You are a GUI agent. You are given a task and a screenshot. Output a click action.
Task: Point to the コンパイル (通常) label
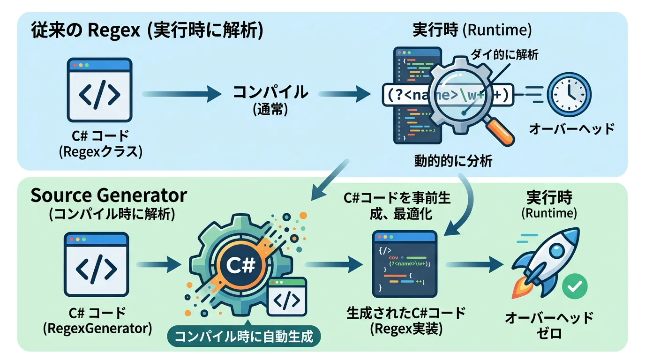click(270, 99)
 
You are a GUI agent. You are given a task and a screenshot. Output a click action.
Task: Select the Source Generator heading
click(109, 195)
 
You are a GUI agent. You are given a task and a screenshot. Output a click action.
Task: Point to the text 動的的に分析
click(453, 161)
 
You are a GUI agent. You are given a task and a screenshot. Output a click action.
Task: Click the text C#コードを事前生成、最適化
click(397, 206)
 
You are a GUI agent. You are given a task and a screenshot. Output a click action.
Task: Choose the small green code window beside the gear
click(287, 297)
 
